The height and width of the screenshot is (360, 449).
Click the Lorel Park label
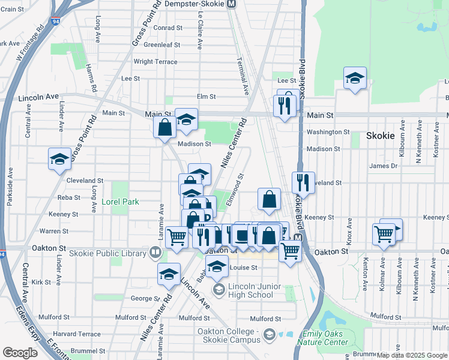tap(120, 202)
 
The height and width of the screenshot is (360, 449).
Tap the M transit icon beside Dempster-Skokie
tap(232, 4)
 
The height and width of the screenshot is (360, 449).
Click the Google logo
tap(20, 353)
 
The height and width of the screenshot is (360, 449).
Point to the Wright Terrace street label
tap(155, 62)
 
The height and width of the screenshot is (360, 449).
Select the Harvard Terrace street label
tap(77, 334)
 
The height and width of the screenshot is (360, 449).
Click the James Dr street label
tap(379, 166)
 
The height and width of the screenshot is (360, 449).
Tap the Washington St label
tap(328, 132)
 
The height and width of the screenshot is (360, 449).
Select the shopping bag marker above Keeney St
tap(270, 199)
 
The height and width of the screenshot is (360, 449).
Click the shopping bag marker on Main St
tap(164, 128)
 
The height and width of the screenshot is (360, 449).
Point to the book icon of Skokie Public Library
tap(155, 253)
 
